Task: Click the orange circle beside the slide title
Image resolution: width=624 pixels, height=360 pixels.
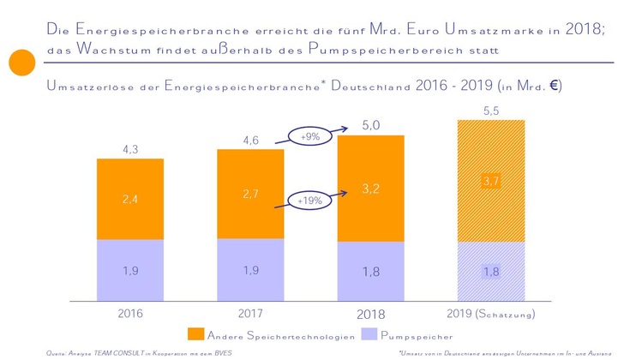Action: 21,63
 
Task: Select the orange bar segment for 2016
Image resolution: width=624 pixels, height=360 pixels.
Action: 129,199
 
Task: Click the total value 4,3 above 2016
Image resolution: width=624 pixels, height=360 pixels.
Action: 129,149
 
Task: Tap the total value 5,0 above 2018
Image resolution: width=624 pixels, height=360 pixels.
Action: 371,126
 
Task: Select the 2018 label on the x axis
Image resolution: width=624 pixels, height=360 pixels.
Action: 371,315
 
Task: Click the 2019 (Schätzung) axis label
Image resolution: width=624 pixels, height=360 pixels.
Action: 491,315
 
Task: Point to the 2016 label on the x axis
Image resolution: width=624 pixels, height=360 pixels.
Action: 129,315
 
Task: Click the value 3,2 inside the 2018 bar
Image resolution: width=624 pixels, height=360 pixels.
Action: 371,188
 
